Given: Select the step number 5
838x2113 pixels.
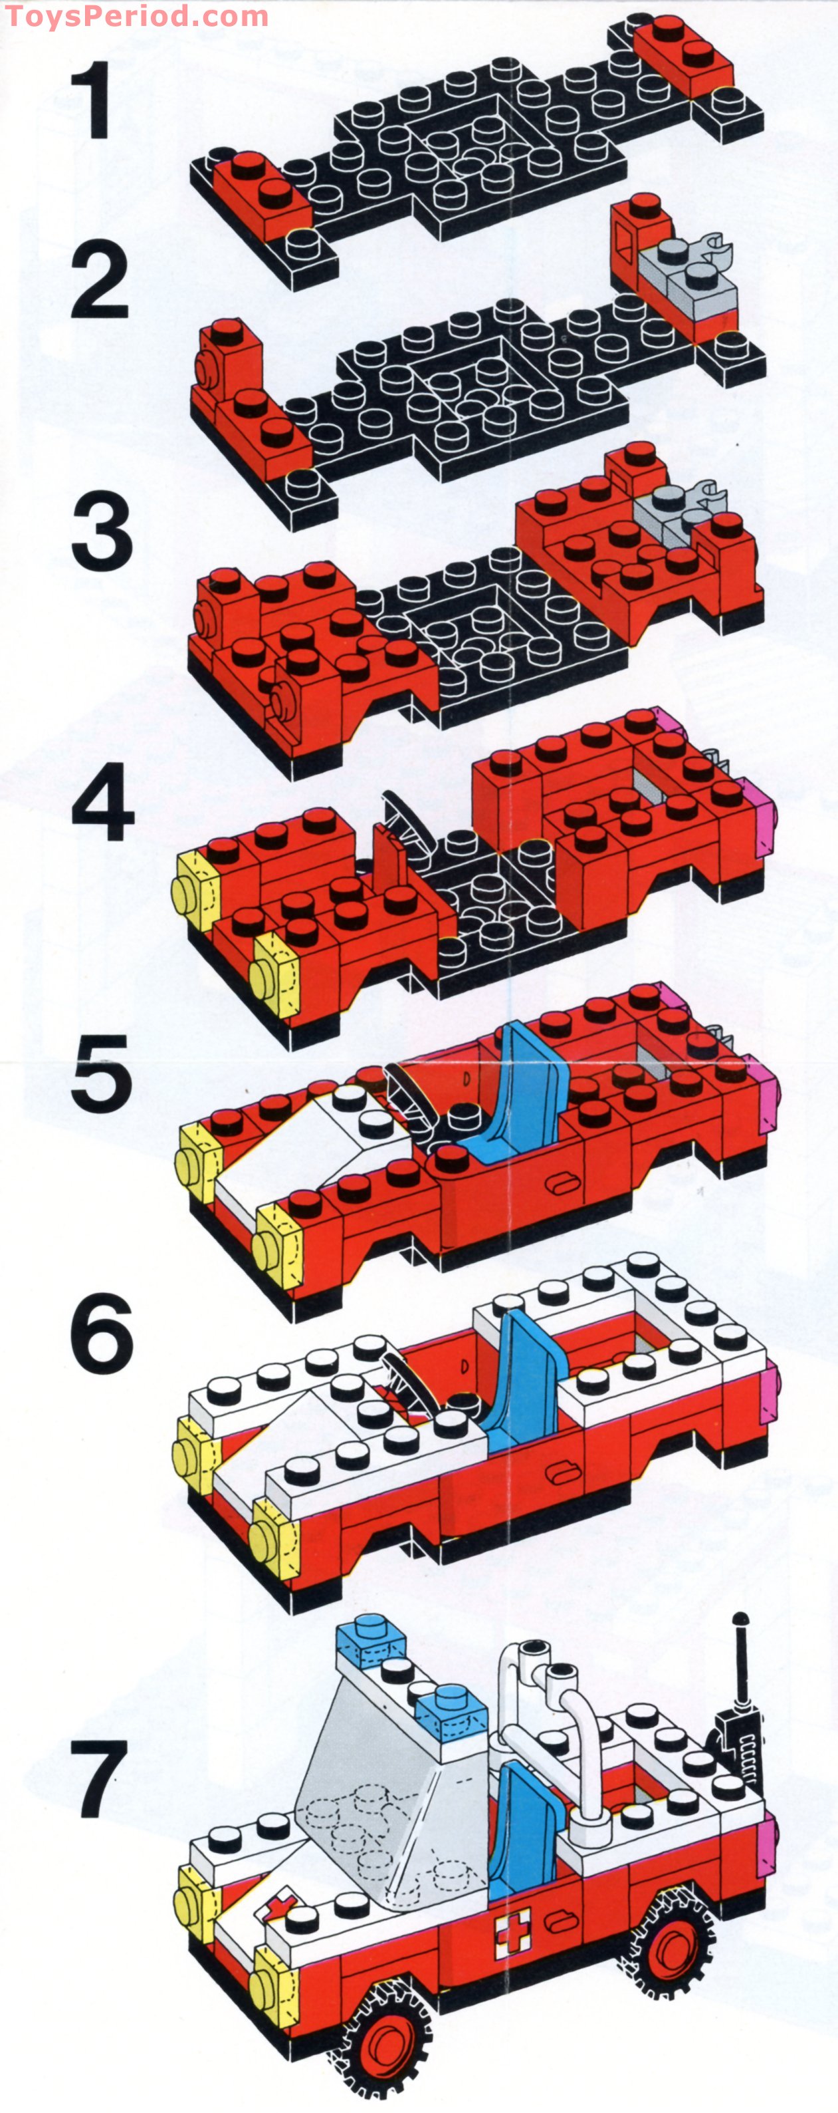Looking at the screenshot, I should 101,1072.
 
